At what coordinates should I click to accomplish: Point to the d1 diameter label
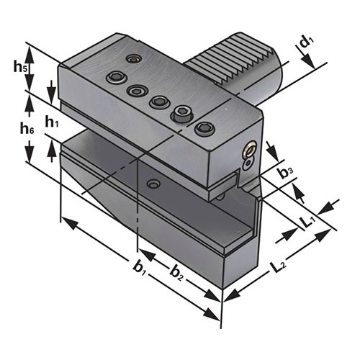(307, 42)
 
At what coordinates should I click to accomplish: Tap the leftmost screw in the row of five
(113, 77)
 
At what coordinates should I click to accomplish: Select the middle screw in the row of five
(158, 102)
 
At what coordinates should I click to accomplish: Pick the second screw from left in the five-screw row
(135, 90)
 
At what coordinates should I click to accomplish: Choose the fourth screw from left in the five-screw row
(181, 114)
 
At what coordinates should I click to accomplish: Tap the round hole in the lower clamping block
(152, 184)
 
